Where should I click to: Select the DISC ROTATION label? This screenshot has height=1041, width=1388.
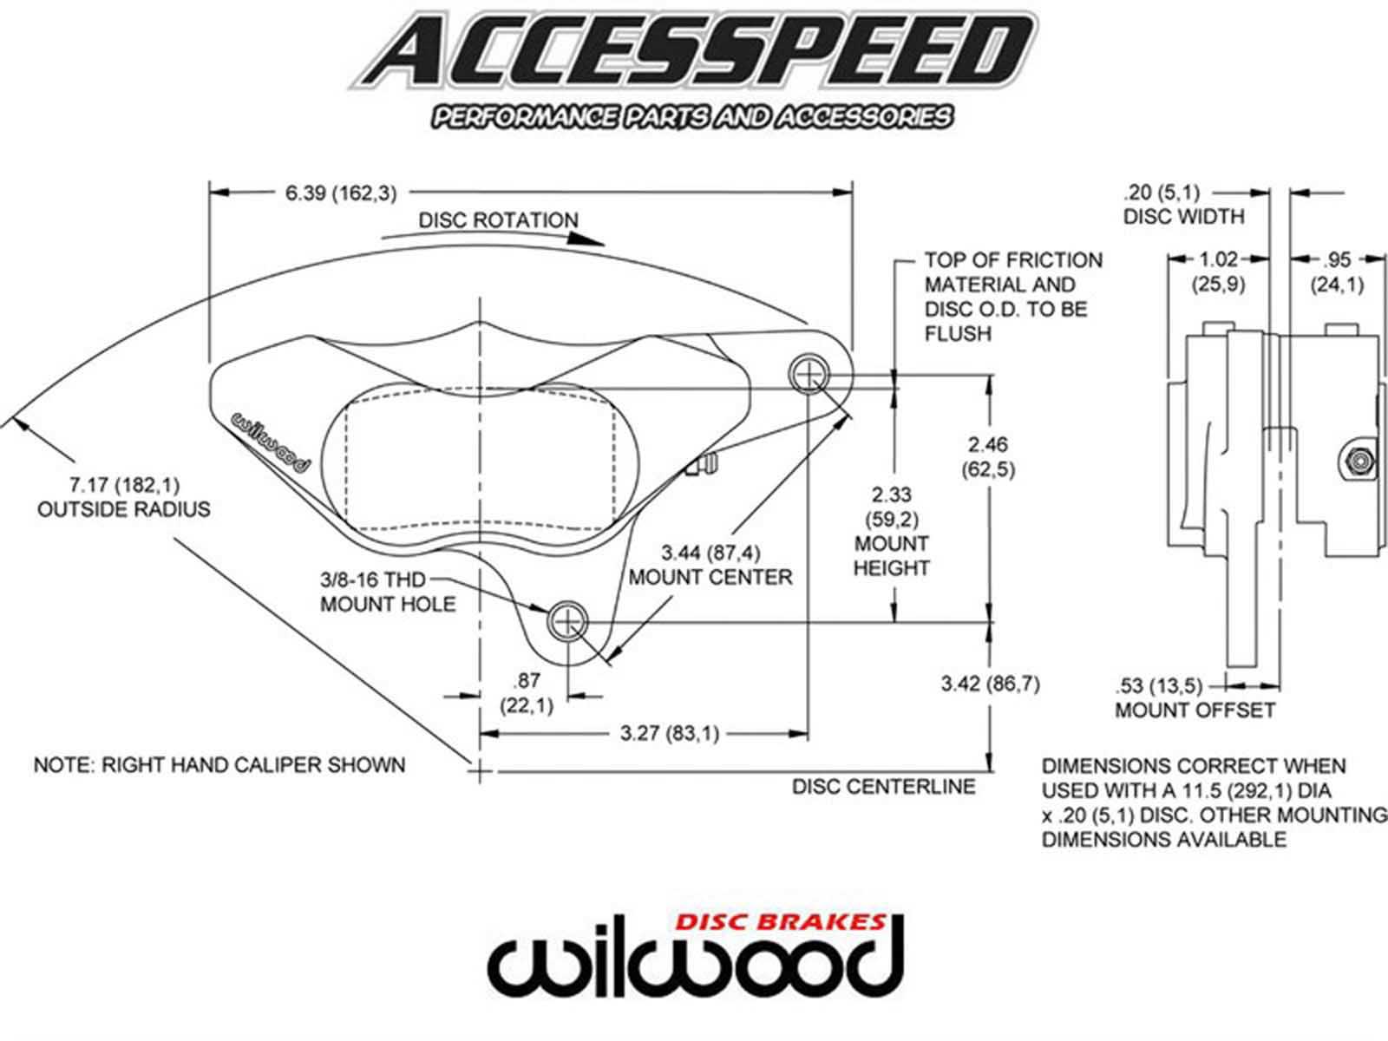tap(498, 220)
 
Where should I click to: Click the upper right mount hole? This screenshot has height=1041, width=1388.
tap(809, 375)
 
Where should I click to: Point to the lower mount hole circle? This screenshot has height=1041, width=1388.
tap(567, 620)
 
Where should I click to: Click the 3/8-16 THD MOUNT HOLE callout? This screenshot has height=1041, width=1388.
tap(388, 592)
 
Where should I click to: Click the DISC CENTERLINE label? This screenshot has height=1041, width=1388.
tap(883, 786)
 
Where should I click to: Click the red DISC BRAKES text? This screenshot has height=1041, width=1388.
tap(780, 921)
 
